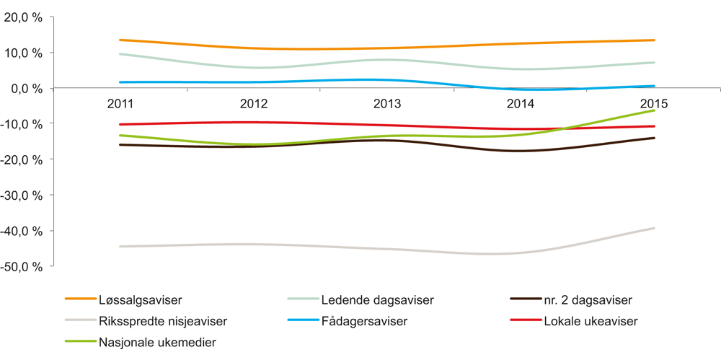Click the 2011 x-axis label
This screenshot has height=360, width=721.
click(120, 104)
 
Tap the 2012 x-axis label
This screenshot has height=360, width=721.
click(253, 104)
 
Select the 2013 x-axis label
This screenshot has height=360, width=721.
click(387, 104)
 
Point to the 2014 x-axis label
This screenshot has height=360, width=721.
click(521, 104)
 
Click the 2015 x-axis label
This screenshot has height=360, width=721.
click(654, 104)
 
